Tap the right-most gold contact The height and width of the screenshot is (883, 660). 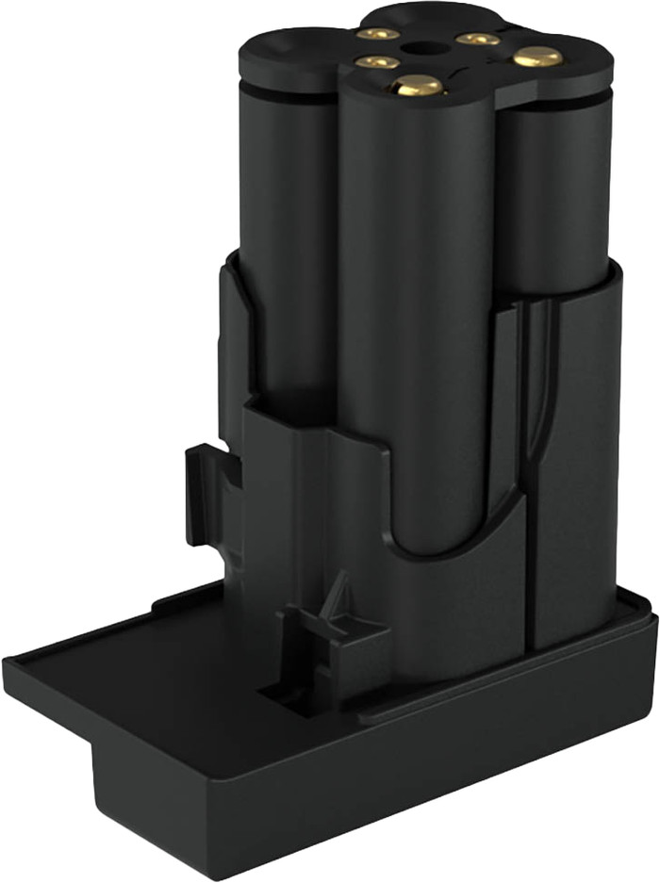(x=537, y=57)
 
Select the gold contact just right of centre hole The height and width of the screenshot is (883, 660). (x=477, y=39)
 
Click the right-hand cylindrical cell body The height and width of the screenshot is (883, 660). (x=556, y=188)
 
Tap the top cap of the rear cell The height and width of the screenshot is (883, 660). (x=415, y=14)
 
